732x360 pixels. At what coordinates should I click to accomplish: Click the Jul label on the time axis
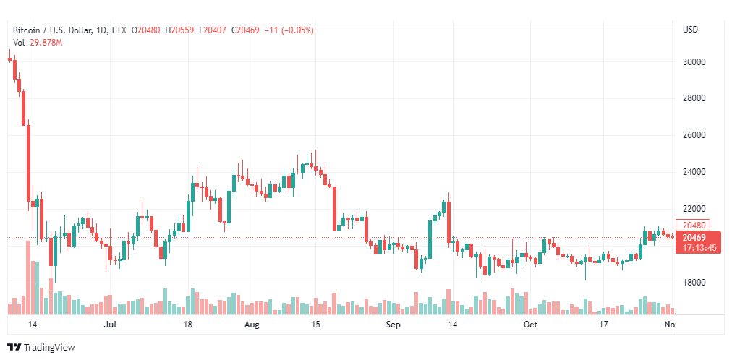click(111, 325)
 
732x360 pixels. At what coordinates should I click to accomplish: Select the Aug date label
click(251, 325)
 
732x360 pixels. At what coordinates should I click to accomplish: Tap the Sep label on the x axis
click(393, 325)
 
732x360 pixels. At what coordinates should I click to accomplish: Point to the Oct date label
click(530, 325)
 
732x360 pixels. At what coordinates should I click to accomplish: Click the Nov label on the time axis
click(670, 325)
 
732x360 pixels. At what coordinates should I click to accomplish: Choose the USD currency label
click(690, 30)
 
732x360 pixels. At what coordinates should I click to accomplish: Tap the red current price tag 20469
click(693, 237)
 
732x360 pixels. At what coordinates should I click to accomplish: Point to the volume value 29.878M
click(45, 43)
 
